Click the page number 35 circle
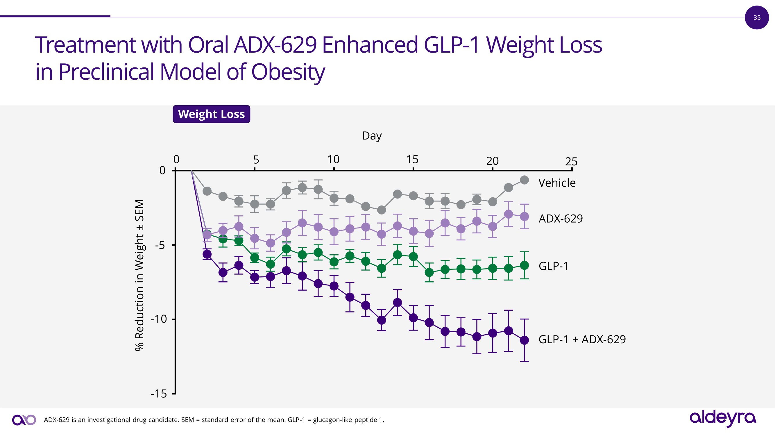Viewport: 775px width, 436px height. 757,17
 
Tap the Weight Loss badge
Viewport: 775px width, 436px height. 211,114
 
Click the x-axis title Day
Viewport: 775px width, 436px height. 372,136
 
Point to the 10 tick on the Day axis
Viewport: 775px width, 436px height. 333,160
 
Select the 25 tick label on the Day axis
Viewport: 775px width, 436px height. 571,162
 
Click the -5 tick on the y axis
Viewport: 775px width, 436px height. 160,245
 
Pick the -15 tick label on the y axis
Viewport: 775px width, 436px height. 159,394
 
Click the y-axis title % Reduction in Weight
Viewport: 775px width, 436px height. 139,275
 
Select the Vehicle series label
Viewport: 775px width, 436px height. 557,183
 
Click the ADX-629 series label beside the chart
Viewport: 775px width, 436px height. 561,219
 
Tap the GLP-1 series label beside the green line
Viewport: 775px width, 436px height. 554,266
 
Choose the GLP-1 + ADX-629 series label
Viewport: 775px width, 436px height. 582,339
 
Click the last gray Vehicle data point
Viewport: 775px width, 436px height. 525,180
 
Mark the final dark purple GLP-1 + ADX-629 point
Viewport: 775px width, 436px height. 525,340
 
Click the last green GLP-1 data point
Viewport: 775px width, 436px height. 525,265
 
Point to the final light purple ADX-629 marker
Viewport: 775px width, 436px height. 525,216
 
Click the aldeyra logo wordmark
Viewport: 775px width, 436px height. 723,418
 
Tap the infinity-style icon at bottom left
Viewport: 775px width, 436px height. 24,420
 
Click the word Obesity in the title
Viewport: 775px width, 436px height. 288,72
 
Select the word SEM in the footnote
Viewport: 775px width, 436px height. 188,420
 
